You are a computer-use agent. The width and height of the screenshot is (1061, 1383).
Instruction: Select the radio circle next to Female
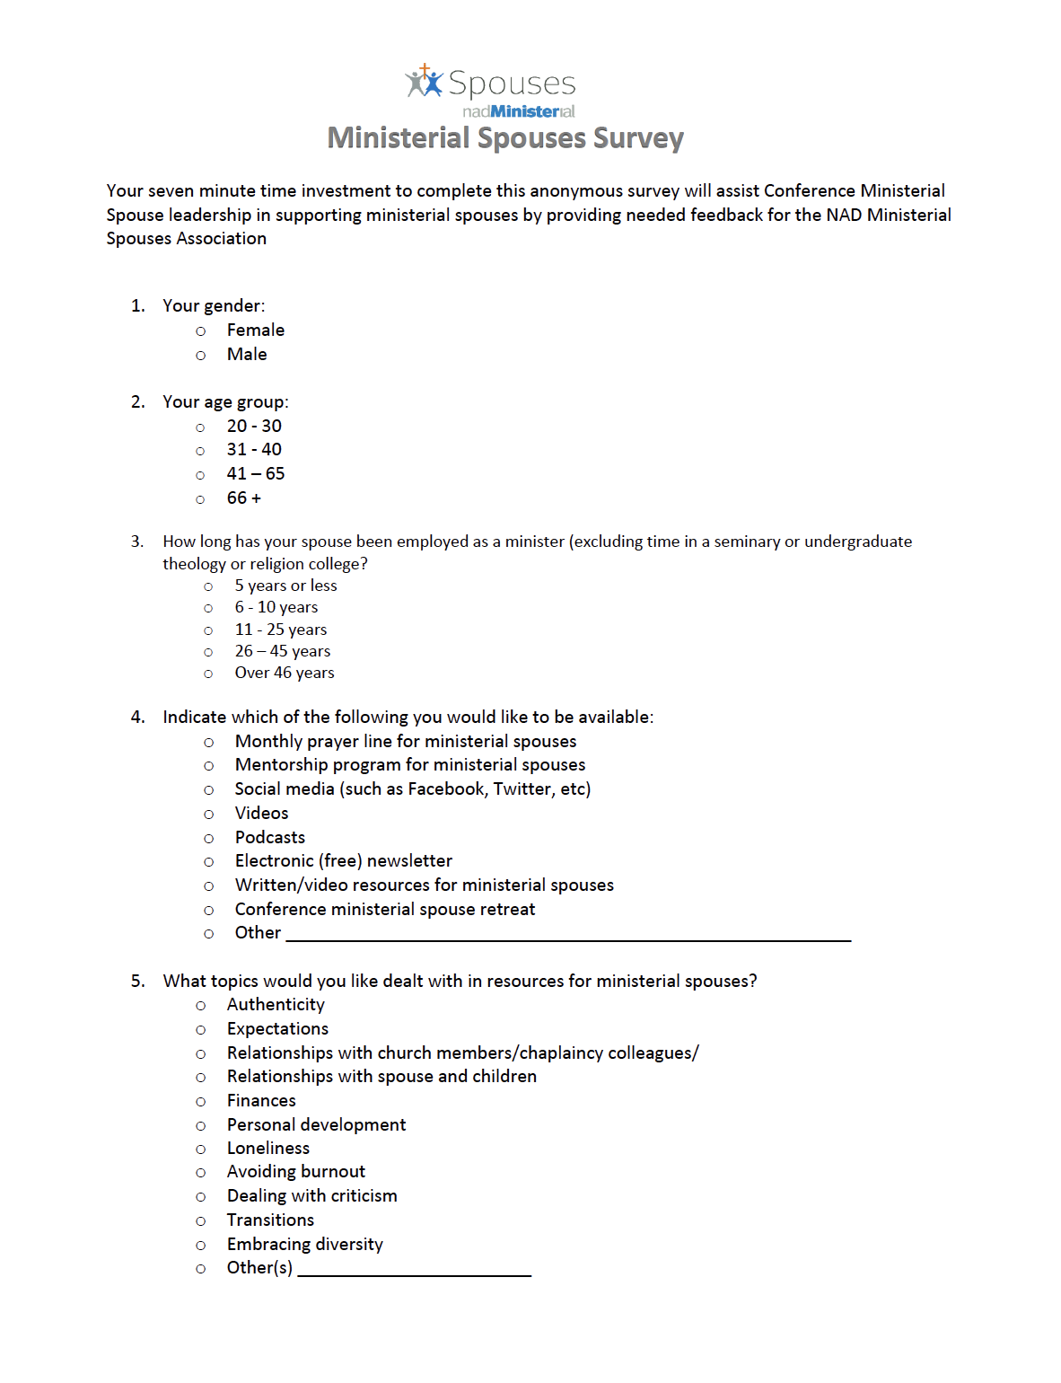(x=201, y=331)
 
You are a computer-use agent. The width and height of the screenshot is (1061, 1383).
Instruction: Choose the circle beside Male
(x=201, y=356)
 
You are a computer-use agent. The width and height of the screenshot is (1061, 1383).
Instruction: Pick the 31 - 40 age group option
(x=201, y=451)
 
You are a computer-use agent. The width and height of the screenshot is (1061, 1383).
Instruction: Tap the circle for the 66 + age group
(x=201, y=499)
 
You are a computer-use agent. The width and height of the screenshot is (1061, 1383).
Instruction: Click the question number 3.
(x=137, y=542)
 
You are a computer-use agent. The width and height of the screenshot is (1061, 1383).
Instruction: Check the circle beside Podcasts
(x=209, y=839)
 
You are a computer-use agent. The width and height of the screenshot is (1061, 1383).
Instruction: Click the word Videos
(x=261, y=814)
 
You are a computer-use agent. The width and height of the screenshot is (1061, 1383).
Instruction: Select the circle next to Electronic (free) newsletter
(x=209, y=862)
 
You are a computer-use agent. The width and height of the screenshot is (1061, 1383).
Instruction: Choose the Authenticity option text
(x=276, y=1005)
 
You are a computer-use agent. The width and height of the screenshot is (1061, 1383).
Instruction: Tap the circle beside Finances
(x=201, y=1102)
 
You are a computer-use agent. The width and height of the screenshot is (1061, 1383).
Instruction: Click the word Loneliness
(x=267, y=1149)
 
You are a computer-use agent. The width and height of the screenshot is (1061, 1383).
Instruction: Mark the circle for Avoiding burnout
(x=201, y=1173)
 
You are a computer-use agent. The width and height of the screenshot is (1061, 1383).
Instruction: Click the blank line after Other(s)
(x=415, y=1271)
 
